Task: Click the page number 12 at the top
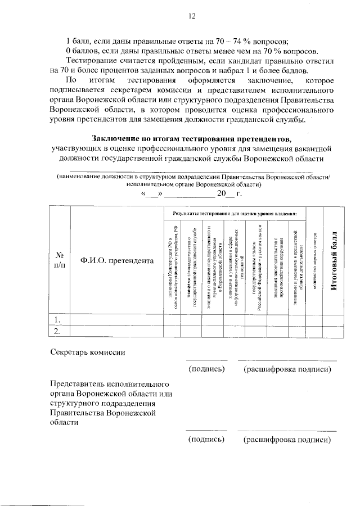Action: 191,16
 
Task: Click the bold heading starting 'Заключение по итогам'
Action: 191,138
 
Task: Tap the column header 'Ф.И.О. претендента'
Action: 116,261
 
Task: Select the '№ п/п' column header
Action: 58,261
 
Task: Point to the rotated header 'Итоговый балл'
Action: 333,261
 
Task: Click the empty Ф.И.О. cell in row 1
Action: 116,319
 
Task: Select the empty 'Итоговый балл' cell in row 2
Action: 333,330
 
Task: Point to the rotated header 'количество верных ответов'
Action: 315,261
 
